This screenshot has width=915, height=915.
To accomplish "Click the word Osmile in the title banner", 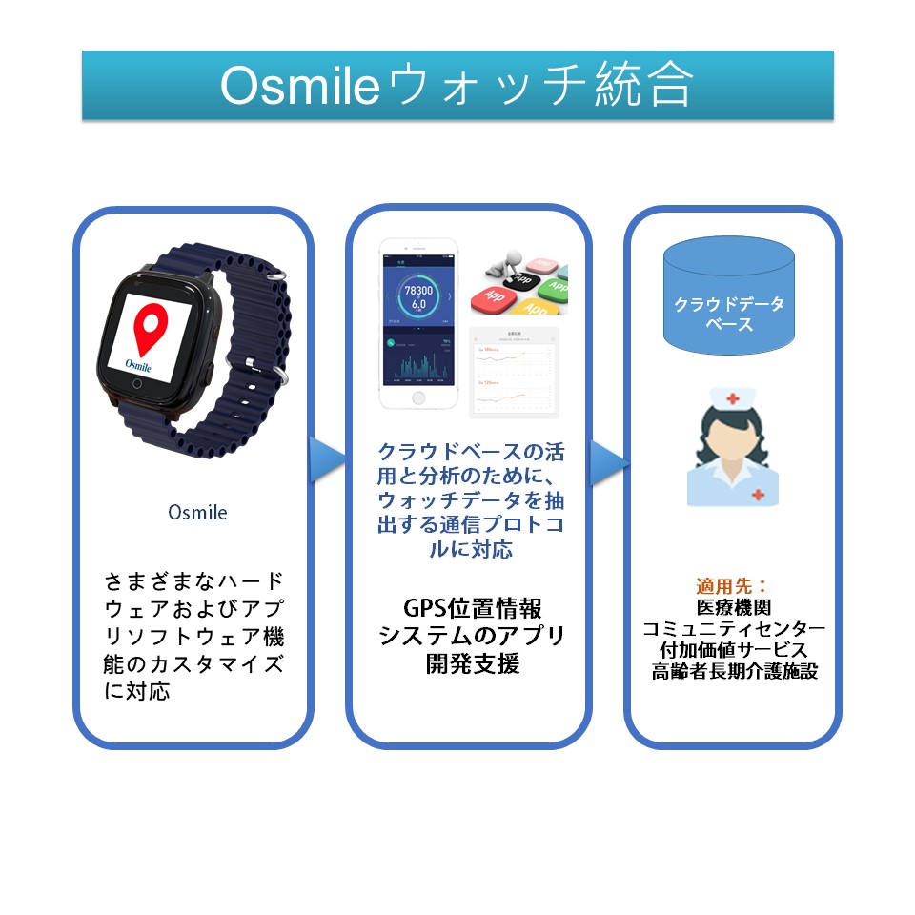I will tap(300, 86).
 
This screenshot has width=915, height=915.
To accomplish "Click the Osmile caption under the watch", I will tap(197, 512).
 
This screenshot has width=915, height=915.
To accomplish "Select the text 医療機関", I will tap(733, 607).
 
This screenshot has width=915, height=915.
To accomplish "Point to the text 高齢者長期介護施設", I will tap(733, 671).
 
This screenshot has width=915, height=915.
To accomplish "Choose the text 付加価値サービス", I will tap(733, 650).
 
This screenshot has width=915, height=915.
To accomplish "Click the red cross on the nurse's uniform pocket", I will tap(758, 494).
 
